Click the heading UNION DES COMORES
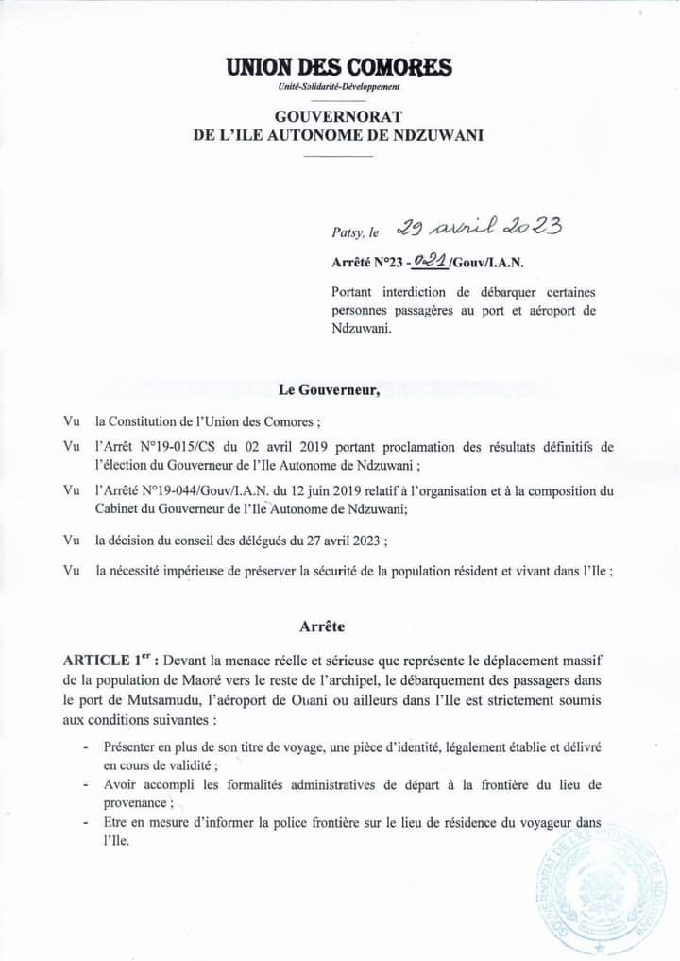pos(339,68)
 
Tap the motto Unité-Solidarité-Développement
pos(339,87)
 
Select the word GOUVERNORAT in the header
pos(338,115)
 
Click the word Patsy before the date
pos(346,231)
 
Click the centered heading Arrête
pos(322,626)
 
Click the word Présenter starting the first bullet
pos(132,746)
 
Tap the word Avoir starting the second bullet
pos(121,784)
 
